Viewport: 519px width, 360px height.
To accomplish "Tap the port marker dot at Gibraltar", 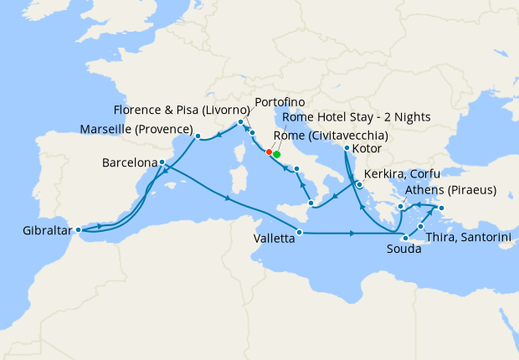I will coord(78,229).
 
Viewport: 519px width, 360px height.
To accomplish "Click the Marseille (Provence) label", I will coord(135,130).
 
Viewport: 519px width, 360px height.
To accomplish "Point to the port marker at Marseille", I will coord(198,136).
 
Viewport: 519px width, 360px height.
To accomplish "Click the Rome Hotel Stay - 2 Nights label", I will coord(357,117).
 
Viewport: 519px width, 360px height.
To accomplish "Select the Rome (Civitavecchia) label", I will coord(335,135).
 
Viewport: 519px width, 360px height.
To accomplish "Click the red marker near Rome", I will coord(269,152).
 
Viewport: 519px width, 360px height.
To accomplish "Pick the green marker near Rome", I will coord(276,154).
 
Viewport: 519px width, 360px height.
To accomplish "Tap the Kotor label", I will coord(367,149).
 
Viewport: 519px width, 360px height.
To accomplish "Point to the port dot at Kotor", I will coord(347,149).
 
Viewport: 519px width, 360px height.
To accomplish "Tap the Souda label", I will coord(403,249).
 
